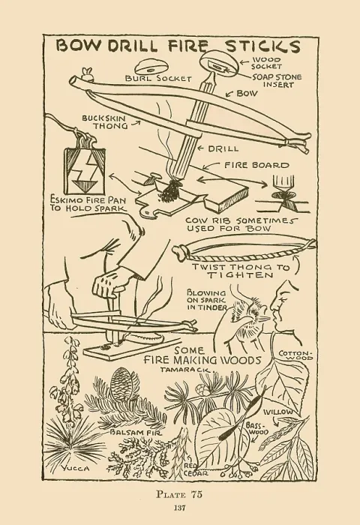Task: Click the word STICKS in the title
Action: tap(262, 46)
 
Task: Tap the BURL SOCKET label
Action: tap(158, 78)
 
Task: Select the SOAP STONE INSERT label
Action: tap(277, 81)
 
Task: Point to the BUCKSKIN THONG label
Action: tap(104, 121)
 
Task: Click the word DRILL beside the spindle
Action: tap(223, 148)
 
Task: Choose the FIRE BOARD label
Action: tap(256, 165)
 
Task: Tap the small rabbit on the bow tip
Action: tap(88, 73)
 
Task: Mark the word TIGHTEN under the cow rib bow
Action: tap(240, 275)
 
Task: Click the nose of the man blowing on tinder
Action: tap(272, 306)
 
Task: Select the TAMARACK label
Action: tap(185, 370)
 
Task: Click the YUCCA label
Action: tap(75, 469)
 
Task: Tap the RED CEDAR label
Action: tap(196, 469)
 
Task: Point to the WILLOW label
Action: tap(278, 412)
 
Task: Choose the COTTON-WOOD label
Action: tap(295, 355)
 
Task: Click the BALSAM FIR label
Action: tap(136, 433)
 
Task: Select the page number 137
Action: tap(180, 508)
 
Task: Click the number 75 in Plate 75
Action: tap(196, 494)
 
